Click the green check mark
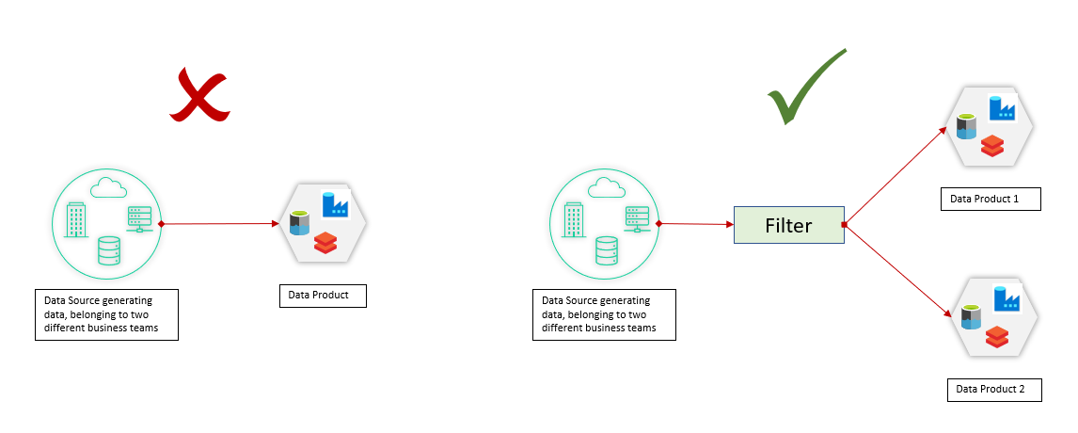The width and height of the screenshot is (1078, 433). [802, 89]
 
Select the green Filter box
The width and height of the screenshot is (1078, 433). [788, 226]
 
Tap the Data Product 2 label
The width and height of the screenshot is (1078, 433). [993, 389]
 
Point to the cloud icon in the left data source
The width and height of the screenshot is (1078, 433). [106, 187]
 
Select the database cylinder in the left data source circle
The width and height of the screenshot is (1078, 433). [109, 251]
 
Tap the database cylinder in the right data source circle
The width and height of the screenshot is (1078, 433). [607, 251]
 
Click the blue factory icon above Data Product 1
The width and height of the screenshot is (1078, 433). [1001, 108]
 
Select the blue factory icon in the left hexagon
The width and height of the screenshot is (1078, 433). [334, 204]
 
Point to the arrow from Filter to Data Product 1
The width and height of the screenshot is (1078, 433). [895, 176]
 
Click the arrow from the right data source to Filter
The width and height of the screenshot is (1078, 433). [696, 224]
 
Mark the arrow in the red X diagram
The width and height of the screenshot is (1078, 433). [221, 224]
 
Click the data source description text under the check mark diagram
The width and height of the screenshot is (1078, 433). [601, 314]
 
